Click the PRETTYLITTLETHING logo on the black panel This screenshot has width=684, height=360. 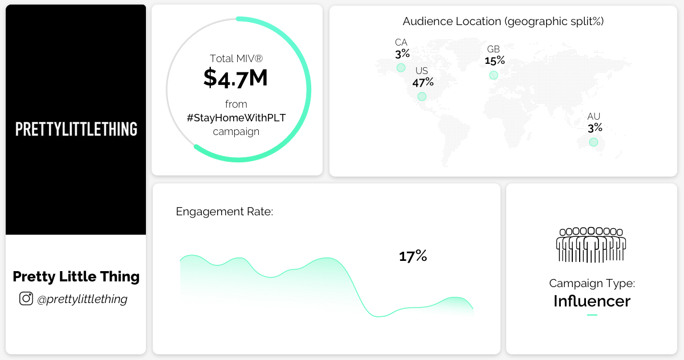tap(76, 129)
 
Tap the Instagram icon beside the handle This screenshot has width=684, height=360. tap(26, 298)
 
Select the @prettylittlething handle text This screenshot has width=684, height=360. tap(82, 299)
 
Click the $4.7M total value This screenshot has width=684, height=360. tap(235, 79)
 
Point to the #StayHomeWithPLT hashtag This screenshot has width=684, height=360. tap(237, 118)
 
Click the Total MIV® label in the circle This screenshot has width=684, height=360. tap(236, 58)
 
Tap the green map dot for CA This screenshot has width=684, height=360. tap(401, 68)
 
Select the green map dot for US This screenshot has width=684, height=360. tap(422, 96)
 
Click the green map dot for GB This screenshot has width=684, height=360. tap(494, 75)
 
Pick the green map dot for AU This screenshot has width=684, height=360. tap(593, 142)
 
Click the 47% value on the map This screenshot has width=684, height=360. tap(423, 82)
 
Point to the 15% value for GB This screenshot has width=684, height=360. tap(495, 60)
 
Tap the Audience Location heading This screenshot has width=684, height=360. tap(503, 22)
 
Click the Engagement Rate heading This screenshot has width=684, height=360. tap(225, 212)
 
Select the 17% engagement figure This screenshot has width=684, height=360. tap(413, 256)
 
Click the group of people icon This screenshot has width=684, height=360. tap(591, 245)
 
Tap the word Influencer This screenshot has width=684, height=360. tap(592, 301)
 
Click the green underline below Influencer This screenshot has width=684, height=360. tap(592, 315)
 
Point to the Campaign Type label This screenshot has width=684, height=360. tap(592, 283)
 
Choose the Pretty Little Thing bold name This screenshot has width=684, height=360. tap(76, 277)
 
